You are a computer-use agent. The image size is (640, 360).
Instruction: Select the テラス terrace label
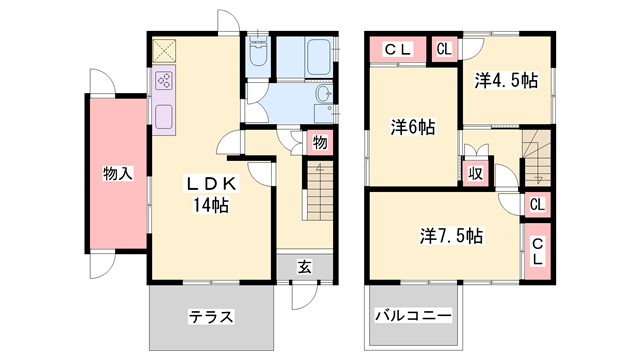click(x=211, y=317)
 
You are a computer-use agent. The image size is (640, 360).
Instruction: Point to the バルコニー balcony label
click(x=413, y=316)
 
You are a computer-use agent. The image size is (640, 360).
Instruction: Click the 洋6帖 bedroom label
click(x=412, y=127)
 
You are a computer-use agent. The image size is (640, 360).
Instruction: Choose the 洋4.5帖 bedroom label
click(x=506, y=77)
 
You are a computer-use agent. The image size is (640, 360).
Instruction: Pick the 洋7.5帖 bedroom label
click(x=451, y=236)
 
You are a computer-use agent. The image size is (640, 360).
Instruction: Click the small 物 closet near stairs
click(x=320, y=142)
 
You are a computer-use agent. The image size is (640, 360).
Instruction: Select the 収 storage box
click(x=477, y=173)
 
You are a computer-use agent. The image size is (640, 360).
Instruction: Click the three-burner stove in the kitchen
click(x=164, y=81)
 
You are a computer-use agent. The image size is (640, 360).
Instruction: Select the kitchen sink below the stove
click(x=164, y=116)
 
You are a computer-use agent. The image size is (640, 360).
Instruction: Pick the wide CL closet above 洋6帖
click(x=397, y=49)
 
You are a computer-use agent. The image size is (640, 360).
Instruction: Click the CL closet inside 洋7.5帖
click(x=537, y=249)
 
